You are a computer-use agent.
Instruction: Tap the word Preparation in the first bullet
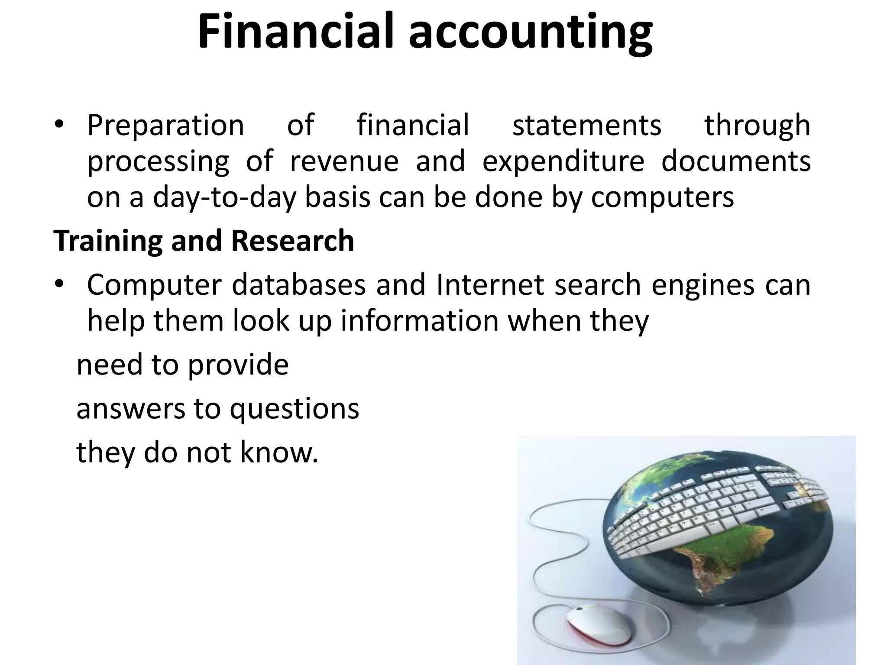click(x=165, y=126)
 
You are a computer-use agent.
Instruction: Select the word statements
click(x=587, y=125)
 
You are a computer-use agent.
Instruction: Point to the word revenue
click(x=344, y=161)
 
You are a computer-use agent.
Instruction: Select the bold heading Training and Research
click(x=204, y=241)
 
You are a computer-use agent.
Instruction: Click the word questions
click(x=294, y=410)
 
